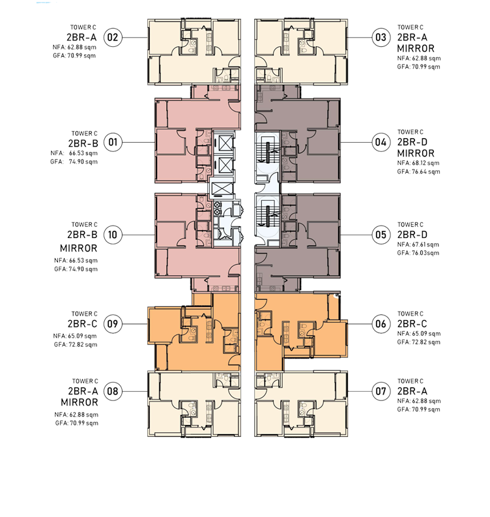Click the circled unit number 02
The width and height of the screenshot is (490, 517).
click(x=113, y=37)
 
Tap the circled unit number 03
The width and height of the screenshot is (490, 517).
click(x=381, y=37)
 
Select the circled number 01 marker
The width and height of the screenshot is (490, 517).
click(x=113, y=142)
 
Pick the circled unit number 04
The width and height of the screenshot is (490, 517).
click(x=381, y=142)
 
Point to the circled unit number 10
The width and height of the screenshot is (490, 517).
click(x=113, y=235)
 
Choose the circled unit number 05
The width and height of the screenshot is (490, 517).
click(x=381, y=235)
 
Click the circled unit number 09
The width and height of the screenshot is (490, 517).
click(x=113, y=324)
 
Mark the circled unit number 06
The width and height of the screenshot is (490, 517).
click(x=381, y=324)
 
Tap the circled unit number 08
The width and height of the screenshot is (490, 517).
click(x=113, y=391)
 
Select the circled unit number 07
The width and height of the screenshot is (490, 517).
click(x=381, y=391)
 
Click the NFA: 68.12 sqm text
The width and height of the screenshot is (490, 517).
click(x=418, y=163)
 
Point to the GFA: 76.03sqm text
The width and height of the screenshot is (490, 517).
click(x=418, y=253)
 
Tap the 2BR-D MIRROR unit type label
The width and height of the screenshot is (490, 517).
click(x=416, y=148)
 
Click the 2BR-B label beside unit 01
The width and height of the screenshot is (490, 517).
click(x=83, y=143)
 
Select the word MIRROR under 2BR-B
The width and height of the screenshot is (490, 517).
click(x=79, y=248)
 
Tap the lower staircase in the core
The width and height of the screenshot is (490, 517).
click(x=268, y=216)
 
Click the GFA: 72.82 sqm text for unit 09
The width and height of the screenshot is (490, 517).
click(x=76, y=344)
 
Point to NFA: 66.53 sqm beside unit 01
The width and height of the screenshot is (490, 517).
click(x=74, y=153)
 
